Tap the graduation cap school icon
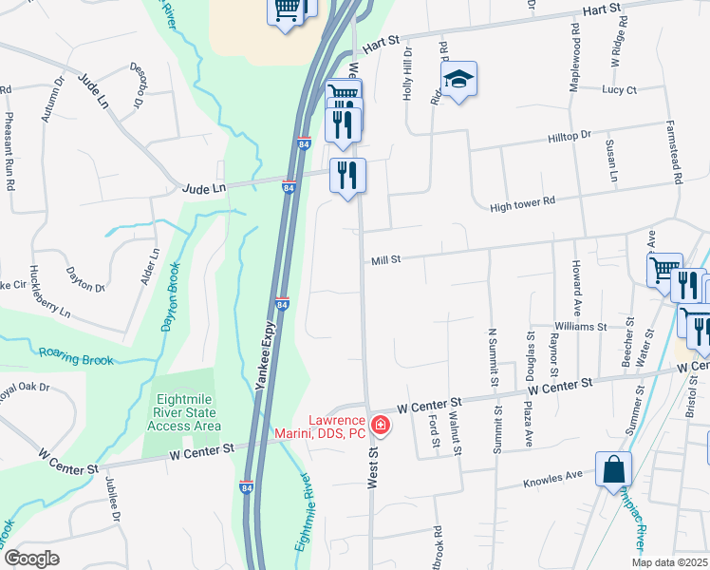[459, 81]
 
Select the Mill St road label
[386, 259]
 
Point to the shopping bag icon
[613, 469]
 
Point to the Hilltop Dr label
[569, 138]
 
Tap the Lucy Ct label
[619, 90]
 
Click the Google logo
[31, 559]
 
